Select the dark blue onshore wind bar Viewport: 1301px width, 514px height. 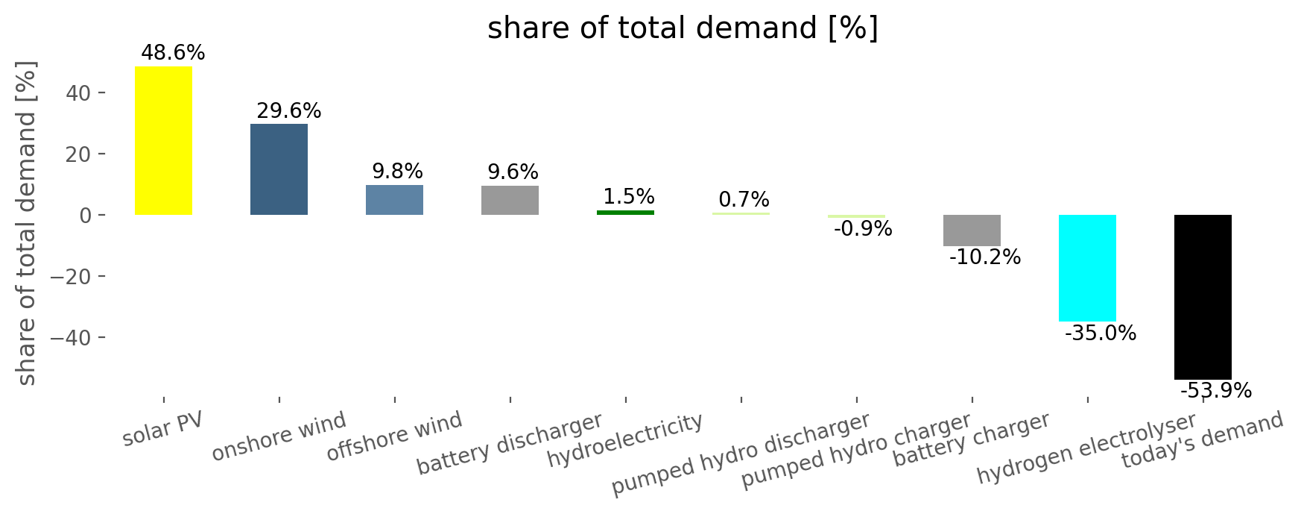pyautogui.click(x=279, y=169)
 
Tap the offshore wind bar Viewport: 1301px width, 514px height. pyautogui.click(x=394, y=200)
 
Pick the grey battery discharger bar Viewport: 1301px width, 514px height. pyautogui.click(x=510, y=200)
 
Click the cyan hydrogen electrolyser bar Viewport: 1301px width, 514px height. pyautogui.click(x=1087, y=268)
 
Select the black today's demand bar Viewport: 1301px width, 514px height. pyautogui.click(x=1203, y=297)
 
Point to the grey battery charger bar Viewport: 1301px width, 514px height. pyautogui.click(x=972, y=231)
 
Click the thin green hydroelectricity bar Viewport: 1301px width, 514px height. pyautogui.click(x=625, y=213)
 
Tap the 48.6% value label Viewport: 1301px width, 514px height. pyautogui.click(x=173, y=53)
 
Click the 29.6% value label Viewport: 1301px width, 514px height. pyautogui.click(x=289, y=111)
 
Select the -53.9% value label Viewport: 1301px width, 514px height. pyautogui.click(x=1215, y=391)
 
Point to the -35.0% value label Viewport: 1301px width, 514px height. pyautogui.click(x=1101, y=333)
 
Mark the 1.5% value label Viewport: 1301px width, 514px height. pyautogui.click(x=629, y=197)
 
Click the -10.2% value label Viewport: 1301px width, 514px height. pyautogui.click(x=985, y=257)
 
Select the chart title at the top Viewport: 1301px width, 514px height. pyautogui.click(x=683, y=28)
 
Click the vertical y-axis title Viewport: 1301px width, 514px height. pyautogui.click(x=26, y=224)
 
